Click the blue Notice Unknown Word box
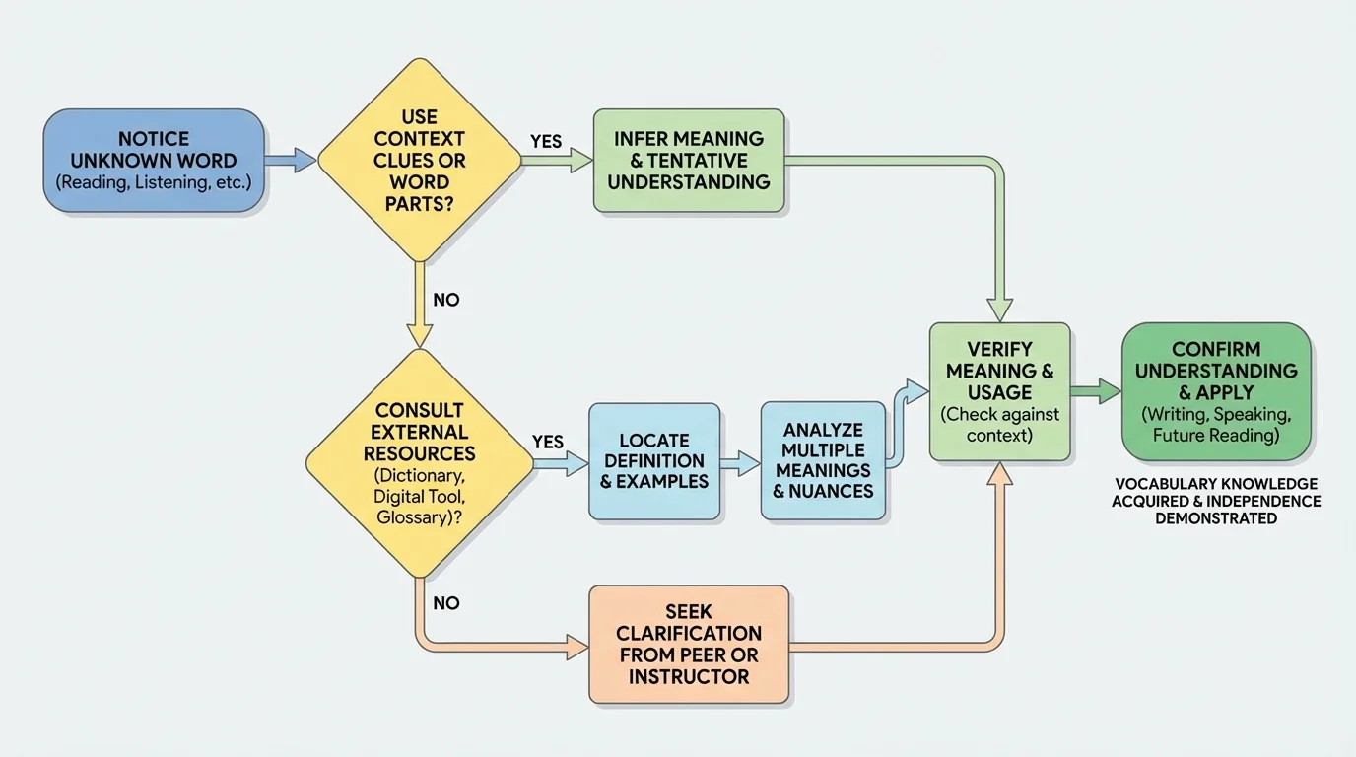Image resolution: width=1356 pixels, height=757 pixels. [x=154, y=161]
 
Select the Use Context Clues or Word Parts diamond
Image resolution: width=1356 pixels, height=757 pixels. [x=420, y=161]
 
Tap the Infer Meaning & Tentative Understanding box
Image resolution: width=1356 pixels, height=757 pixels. [x=689, y=161]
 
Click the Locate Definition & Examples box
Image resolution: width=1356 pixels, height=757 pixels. [x=654, y=461]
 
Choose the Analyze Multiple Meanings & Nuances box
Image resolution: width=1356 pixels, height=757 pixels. [x=823, y=460]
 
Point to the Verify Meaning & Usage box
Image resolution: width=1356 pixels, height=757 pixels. [x=999, y=391]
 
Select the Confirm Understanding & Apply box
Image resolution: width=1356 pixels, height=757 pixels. [x=1216, y=391]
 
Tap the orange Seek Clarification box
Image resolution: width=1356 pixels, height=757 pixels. [x=689, y=644]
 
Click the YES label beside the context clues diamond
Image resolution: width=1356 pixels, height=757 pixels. [x=546, y=142]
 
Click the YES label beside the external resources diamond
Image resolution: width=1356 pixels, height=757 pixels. [x=548, y=442]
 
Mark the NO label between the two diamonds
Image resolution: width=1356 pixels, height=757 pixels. [x=445, y=300]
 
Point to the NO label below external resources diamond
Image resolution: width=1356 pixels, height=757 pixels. [x=445, y=603]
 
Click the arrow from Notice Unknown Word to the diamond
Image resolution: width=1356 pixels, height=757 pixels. [x=290, y=161]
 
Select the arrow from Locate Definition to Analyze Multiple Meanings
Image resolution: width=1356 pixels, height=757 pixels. [x=740, y=461]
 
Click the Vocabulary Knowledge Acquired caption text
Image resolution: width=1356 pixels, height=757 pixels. [x=1216, y=501]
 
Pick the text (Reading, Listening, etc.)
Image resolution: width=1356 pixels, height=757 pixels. [x=154, y=182]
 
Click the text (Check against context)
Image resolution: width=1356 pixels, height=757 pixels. [x=999, y=425]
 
